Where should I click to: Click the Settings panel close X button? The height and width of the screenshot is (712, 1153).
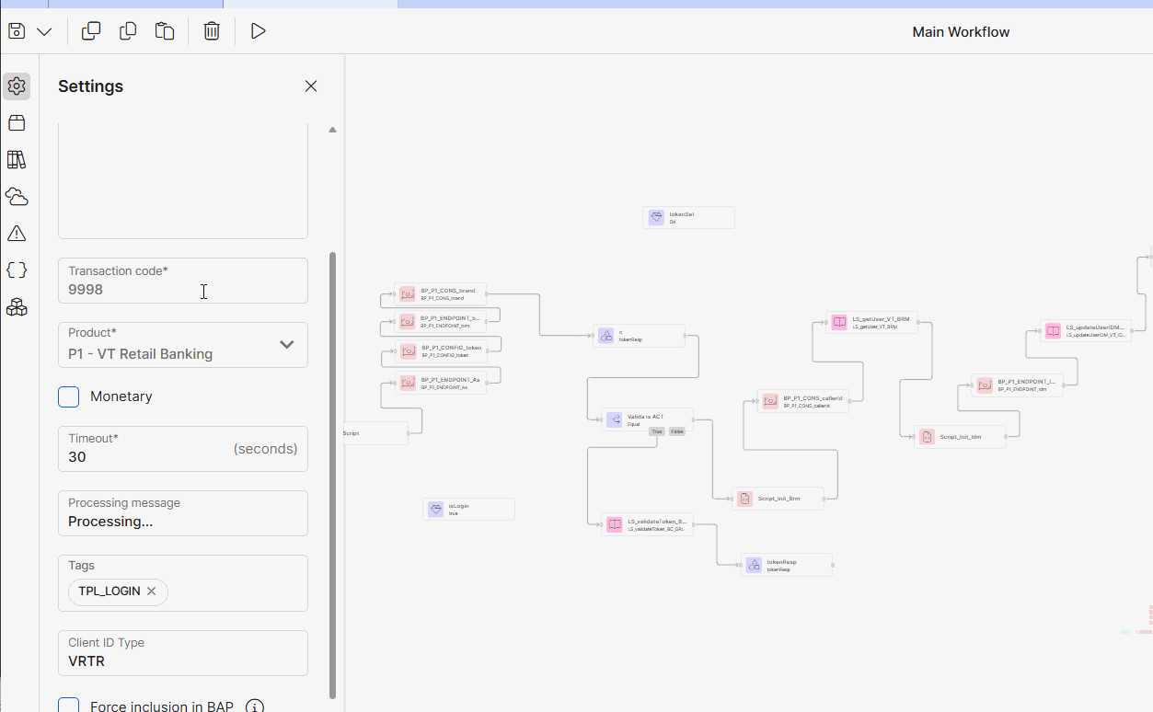click(311, 86)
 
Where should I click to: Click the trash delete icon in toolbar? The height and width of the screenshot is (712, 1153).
click(212, 31)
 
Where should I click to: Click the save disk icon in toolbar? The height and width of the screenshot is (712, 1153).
click(17, 31)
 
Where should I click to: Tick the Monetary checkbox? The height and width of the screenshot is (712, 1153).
click(69, 396)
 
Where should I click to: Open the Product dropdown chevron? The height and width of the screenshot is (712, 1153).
click(286, 345)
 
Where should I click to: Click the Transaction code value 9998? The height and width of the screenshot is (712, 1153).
click(86, 290)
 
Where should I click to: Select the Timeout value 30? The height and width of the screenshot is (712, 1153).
click(77, 457)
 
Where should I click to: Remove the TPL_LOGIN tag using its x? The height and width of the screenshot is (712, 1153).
click(152, 591)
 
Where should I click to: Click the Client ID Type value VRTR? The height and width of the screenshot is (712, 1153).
click(86, 661)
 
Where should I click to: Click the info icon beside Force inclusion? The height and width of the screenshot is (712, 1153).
click(255, 706)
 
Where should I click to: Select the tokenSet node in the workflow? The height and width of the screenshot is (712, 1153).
click(688, 217)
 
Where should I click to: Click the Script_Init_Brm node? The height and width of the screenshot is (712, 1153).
click(778, 499)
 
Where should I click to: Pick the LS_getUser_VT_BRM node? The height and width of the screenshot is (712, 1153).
click(871, 322)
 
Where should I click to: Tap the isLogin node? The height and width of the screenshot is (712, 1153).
click(468, 509)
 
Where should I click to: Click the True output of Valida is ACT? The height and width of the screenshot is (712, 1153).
click(656, 431)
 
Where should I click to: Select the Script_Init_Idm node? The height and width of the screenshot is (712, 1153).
click(960, 437)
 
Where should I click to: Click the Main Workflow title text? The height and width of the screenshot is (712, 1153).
click(961, 32)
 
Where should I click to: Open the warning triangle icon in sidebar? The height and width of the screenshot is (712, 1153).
click(17, 234)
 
